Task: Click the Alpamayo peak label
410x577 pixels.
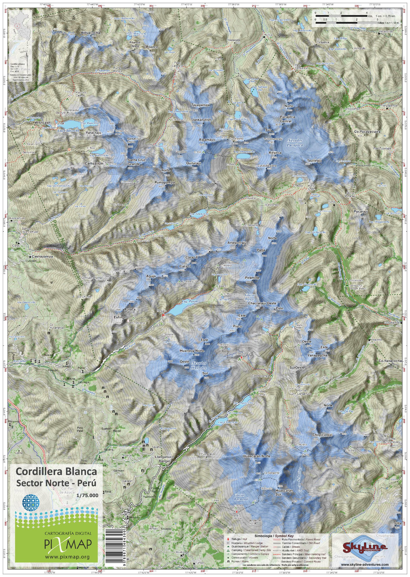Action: [x=207, y=140]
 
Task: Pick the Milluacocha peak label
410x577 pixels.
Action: [x=90, y=33]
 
